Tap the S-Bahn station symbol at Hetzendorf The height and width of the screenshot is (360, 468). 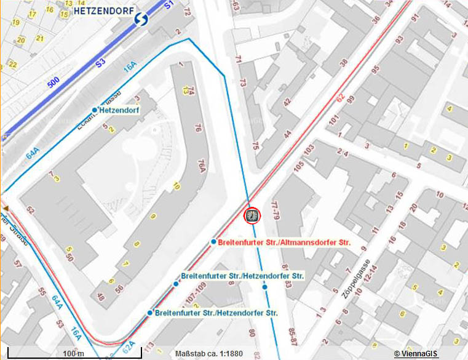pos(142,20)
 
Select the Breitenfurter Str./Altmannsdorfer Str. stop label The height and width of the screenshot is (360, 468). pos(284,242)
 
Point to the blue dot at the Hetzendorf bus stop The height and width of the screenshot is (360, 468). pos(95,110)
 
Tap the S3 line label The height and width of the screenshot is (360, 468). pos(101,62)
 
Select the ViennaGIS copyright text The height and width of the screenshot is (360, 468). pos(416,353)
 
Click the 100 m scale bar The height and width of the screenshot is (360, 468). pos(73,354)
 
